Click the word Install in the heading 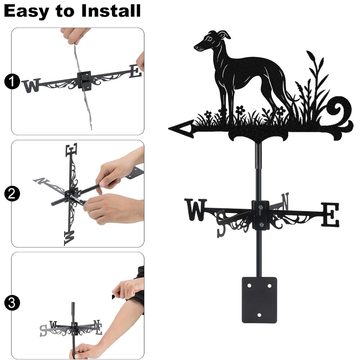click(111, 11)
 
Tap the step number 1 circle click(12, 81)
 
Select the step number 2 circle click(12, 194)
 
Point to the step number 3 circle click(12, 303)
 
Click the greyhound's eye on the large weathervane click(210, 40)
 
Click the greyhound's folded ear click(224, 35)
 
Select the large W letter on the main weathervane click(195, 210)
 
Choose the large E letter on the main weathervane click(330, 215)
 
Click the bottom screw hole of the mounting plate click(259, 315)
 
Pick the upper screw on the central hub click(260, 208)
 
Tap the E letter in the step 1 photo click(135, 71)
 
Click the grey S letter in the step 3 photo click(43, 330)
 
